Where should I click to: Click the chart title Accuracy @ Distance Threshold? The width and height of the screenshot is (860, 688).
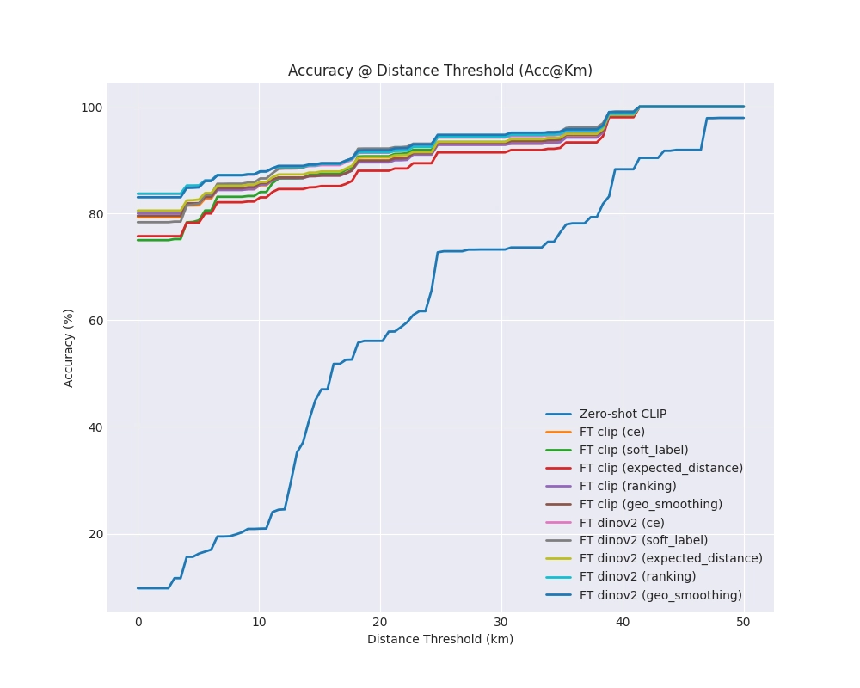[x=439, y=71]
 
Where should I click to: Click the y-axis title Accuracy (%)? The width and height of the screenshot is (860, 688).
[x=69, y=347]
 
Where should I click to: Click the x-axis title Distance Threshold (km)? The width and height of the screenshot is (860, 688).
[x=439, y=639]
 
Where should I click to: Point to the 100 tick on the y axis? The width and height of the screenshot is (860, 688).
[x=91, y=107]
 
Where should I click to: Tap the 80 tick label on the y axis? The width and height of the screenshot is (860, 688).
[x=94, y=214]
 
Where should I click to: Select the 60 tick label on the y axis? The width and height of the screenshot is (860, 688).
[x=94, y=321]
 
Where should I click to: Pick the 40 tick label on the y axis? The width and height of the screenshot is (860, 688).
[x=94, y=427]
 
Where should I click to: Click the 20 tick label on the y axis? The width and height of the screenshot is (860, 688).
[x=94, y=534]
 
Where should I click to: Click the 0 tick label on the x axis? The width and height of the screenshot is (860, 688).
[x=138, y=623]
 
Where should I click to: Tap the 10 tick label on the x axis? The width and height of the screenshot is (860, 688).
[x=259, y=623]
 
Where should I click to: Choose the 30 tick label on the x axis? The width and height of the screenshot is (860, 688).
[x=501, y=623]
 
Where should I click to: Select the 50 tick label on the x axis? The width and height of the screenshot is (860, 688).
[x=743, y=623]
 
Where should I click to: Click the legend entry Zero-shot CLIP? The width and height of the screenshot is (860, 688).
[x=623, y=414]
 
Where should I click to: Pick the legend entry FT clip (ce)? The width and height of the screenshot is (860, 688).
[x=611, y=432]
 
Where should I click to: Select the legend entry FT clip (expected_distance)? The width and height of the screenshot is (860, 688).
[x=660, y=468]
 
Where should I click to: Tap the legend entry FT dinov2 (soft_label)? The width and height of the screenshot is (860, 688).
[x=643, y=540]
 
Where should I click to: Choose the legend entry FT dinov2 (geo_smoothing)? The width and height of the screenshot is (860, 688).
[x=660, y=595]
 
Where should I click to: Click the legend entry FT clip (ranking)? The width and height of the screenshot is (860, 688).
[x=628, y=486]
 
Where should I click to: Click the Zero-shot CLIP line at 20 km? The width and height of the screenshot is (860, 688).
[x=380, y=341]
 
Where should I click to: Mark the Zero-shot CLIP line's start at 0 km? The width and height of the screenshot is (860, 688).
[x=138, y=588]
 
